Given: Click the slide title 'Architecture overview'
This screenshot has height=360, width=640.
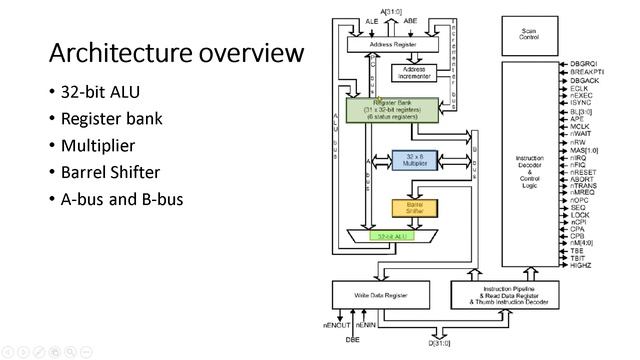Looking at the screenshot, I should point(176,52).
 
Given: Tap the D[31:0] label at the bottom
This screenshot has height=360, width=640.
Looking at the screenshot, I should point(440,343).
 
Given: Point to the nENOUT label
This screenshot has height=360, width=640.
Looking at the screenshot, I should point(336,325).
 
